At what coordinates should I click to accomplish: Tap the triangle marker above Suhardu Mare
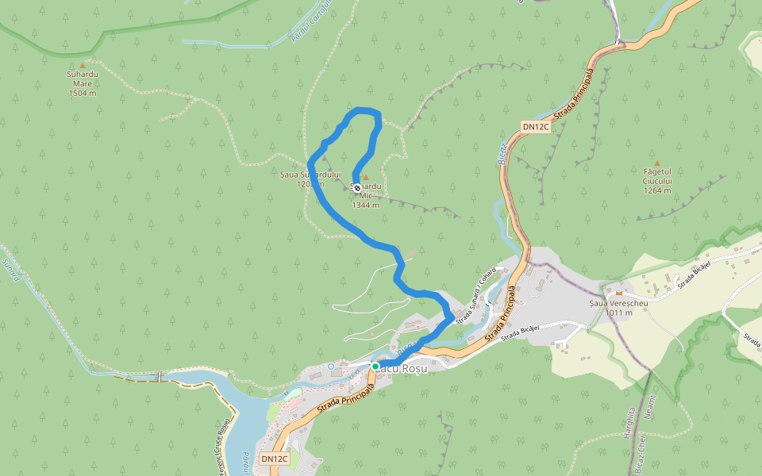pos(82,66)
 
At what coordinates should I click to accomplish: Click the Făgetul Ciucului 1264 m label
pos(657,180)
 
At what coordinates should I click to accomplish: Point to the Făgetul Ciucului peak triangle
pos(656,163)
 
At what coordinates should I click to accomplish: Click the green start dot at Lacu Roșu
pos(375,367)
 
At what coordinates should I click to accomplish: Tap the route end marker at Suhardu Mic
pos(357,188)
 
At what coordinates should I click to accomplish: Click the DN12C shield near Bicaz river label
pos(536,127)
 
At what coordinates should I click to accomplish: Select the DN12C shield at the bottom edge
pos(274,459)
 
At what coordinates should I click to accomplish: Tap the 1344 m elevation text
pos(366,205)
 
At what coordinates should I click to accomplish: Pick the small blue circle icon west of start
pos(330,366)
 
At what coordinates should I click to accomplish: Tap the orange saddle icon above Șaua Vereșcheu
pos(618,293)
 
